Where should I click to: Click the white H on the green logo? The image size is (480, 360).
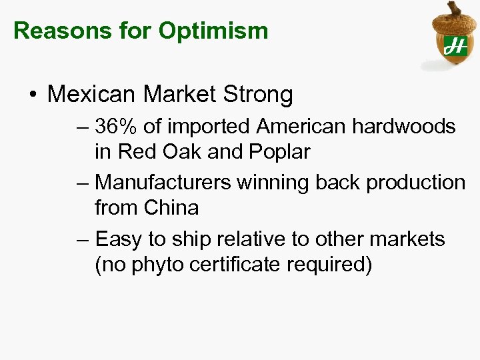(456, 45)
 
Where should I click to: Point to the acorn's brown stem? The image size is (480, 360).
(455, 9)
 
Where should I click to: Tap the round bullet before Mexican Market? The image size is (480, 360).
(33, 95)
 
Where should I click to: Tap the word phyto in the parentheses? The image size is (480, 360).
(154, 265)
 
